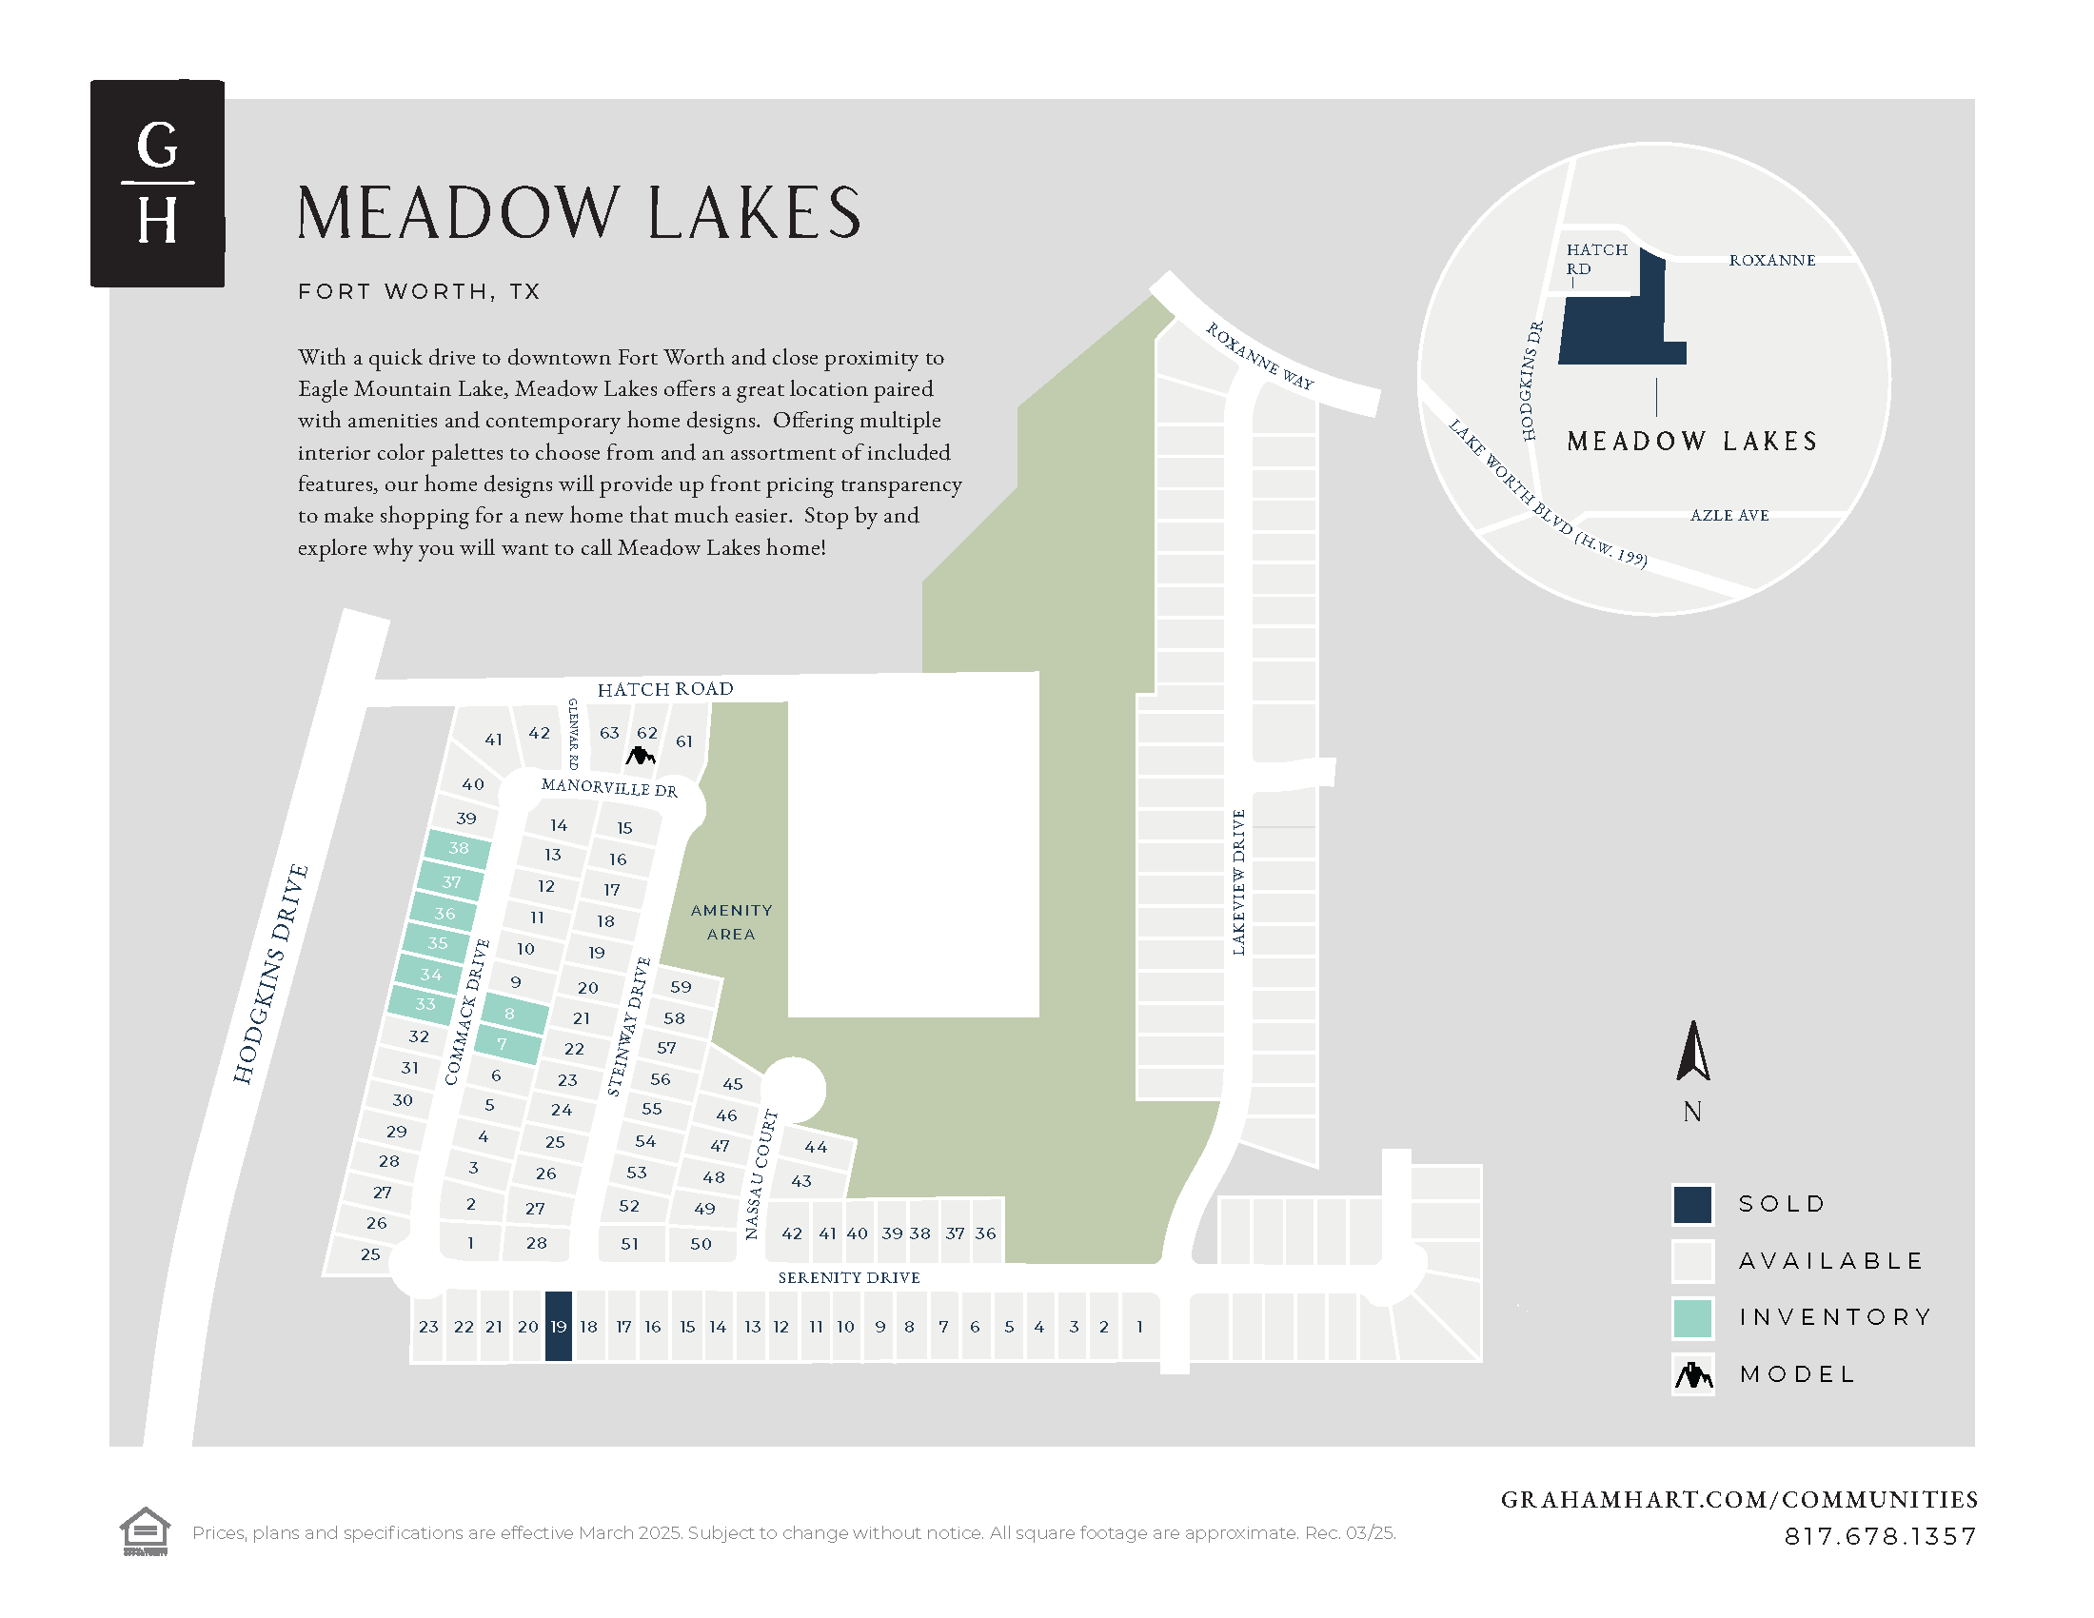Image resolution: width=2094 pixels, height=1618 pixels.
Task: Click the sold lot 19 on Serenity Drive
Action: [558, 1327]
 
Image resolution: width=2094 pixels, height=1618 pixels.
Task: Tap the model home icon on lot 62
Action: [640, 757]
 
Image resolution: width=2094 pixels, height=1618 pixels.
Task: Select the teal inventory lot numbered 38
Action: [459, 848]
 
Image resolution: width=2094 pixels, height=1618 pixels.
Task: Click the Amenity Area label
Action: [731, 922]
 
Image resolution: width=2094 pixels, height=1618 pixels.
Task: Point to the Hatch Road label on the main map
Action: [664, 689]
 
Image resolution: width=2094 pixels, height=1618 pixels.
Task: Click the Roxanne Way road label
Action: [1259, 356]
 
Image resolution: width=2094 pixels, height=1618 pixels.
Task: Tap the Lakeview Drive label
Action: [1237, 882]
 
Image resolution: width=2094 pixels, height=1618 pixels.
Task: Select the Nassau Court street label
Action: [761, 1174]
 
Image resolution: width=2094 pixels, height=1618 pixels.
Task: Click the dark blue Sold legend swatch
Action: [1692, 1205]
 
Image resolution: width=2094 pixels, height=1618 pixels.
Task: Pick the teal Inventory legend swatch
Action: [1692, 1318]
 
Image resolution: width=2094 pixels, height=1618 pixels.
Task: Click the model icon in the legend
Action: [1692, 1375]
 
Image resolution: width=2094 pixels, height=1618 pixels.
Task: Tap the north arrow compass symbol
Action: [1693, 1053]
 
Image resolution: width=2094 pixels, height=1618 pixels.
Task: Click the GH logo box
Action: [157, 183]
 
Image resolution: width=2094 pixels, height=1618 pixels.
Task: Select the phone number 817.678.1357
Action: [1879, 1536]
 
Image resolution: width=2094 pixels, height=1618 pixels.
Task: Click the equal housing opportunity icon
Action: [145, 1530]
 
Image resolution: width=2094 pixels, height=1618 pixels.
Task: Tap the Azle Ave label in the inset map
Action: [1729, 516]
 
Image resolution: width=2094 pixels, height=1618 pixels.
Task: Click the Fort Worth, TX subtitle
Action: [419, 291]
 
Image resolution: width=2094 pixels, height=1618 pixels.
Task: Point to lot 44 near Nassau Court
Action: [816, 1148]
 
